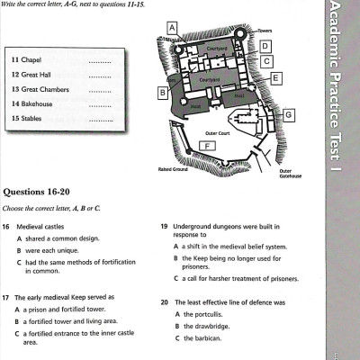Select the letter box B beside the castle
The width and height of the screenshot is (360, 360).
click(x=162, y=92)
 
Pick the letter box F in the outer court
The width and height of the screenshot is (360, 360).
click(x=208, y=146)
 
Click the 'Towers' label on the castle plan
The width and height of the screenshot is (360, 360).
click(x=265, y=31)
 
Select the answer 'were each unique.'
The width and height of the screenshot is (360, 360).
click(x=55, y=249)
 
